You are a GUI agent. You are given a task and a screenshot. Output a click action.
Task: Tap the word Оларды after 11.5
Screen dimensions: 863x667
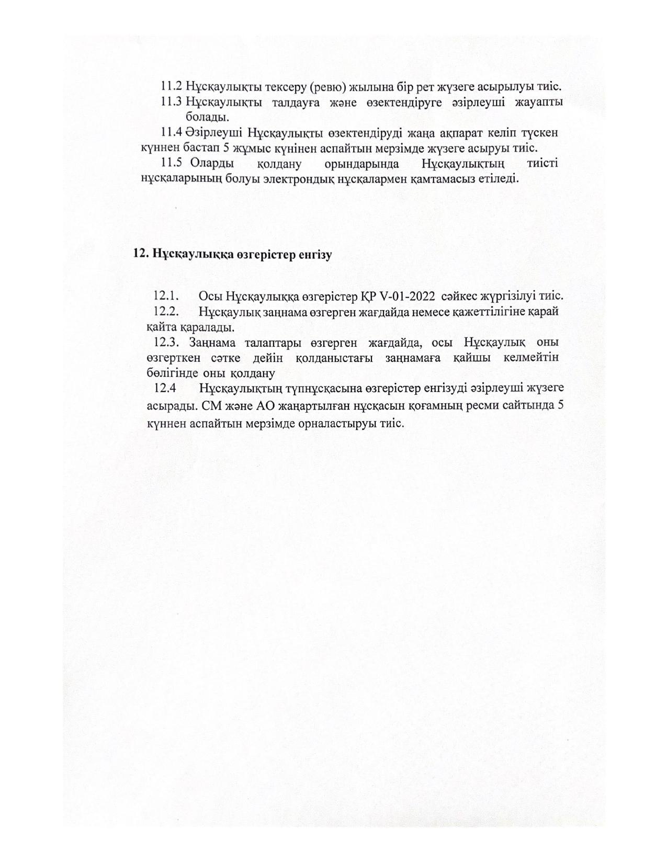tap(212, 164)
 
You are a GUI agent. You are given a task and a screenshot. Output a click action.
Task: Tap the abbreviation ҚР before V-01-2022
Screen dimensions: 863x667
tap(365, 296)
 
